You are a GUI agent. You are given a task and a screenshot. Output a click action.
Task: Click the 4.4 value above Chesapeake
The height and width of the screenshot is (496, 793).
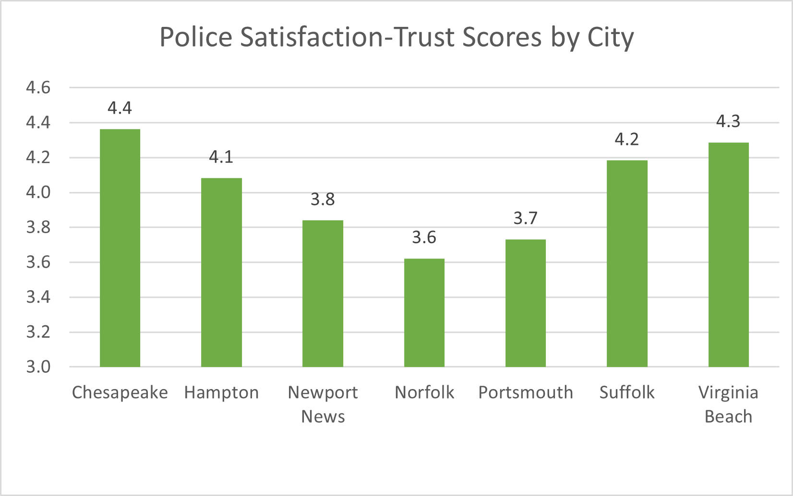point(120,108)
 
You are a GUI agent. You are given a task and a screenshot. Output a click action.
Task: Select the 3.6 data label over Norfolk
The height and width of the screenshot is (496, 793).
point(424,237)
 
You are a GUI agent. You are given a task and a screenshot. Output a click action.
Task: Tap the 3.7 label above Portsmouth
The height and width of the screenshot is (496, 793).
point(525,218)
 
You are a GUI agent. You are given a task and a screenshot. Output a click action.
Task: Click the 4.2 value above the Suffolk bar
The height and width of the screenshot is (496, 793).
point(626,139)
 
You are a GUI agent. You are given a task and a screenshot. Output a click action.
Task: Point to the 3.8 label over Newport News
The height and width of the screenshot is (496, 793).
point(323,199)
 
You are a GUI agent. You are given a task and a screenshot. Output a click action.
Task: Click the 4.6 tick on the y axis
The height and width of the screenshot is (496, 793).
point(38,88)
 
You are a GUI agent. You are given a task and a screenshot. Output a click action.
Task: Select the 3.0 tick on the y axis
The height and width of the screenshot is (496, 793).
point(38,367)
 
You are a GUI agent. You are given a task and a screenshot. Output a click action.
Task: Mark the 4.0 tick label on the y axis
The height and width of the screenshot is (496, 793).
point(38,192)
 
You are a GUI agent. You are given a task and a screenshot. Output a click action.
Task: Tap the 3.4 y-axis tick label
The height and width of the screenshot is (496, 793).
point(38,297)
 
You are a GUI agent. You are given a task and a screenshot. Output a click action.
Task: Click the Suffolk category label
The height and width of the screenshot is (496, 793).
point(626,392)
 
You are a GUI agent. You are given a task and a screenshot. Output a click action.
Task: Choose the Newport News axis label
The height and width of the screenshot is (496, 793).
point(323,404)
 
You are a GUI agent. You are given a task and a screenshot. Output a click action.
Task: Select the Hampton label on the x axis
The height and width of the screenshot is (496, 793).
point(221,392)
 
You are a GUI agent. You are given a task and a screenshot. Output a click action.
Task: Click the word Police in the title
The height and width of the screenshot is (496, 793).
point(195,37)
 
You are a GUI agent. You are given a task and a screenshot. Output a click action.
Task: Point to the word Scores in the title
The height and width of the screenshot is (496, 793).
point(502,37)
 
